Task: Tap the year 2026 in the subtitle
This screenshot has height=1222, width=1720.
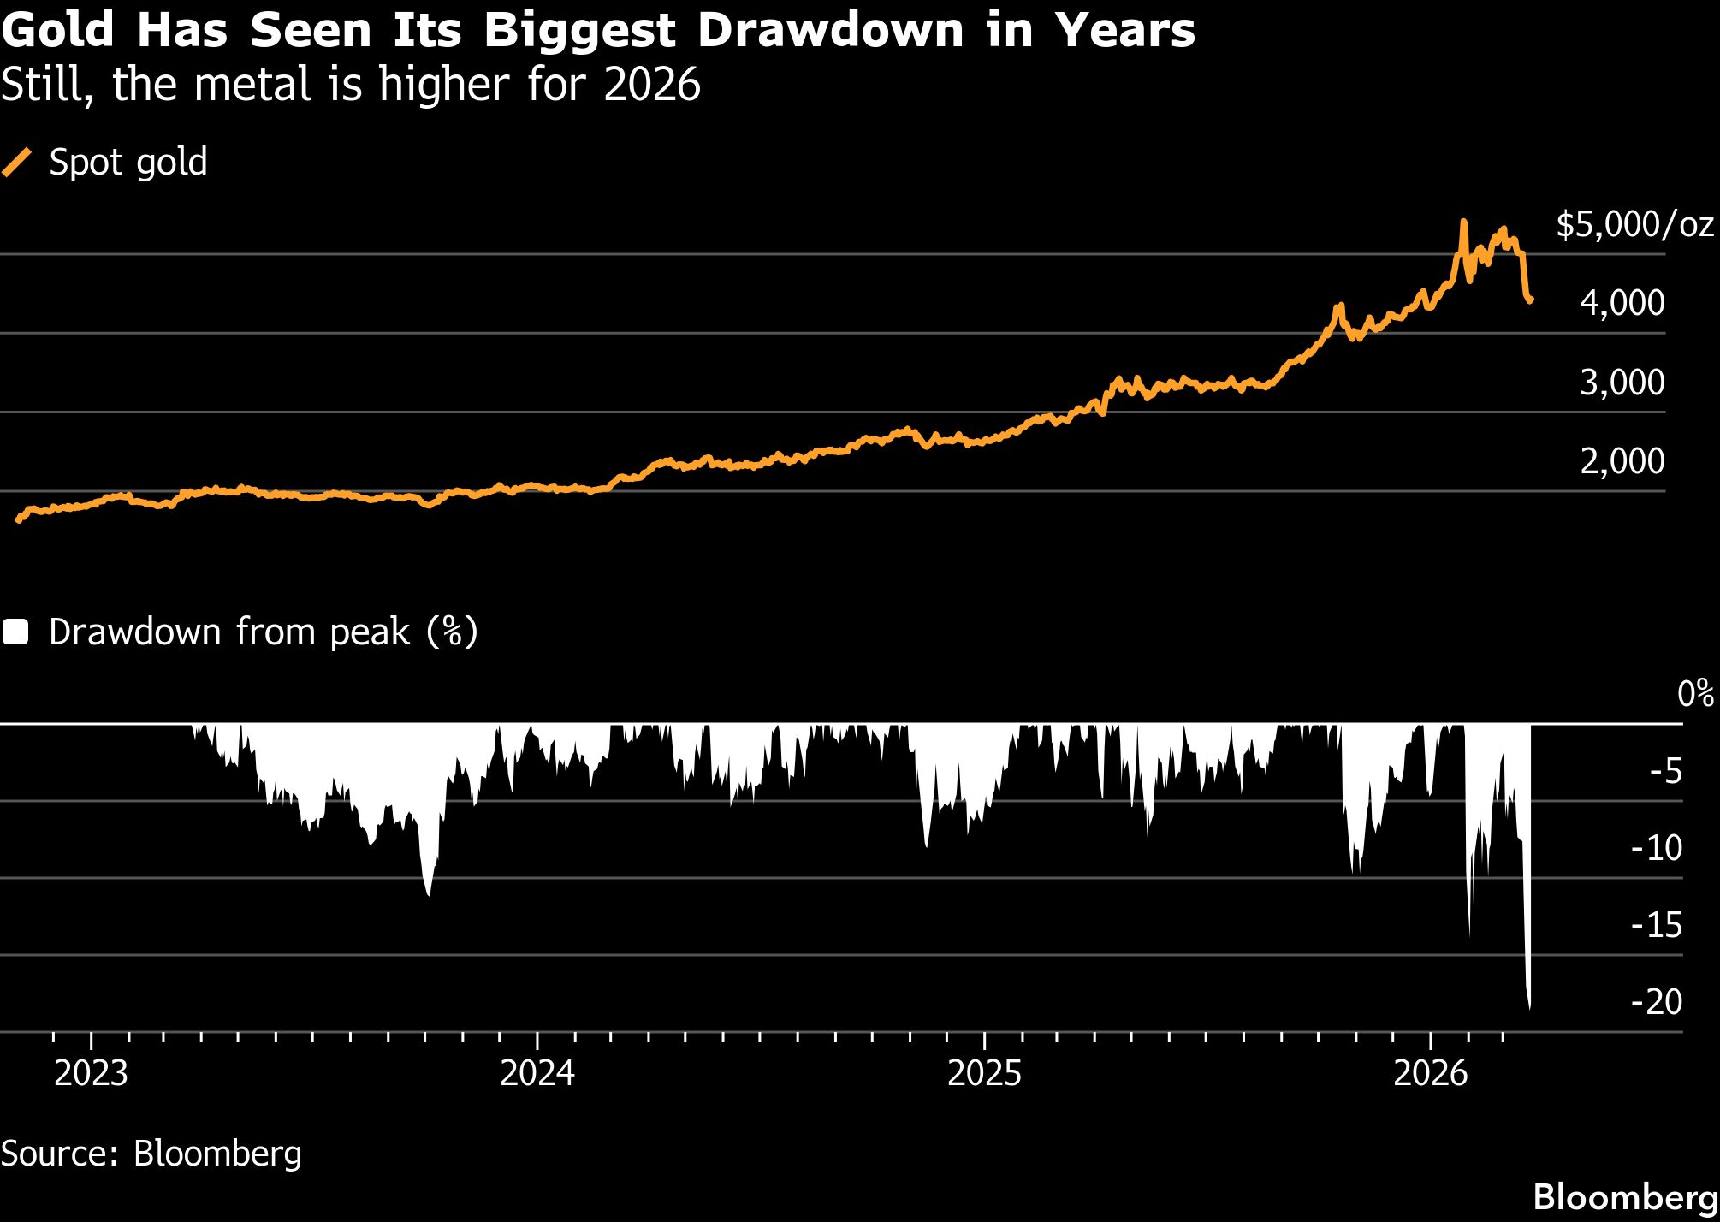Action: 652,85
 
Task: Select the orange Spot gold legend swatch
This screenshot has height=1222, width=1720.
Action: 17,162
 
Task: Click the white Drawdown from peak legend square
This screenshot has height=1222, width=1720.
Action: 16,632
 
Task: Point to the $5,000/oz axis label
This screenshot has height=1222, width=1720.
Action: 1634,224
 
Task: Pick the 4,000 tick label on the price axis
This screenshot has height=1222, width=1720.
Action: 1622,303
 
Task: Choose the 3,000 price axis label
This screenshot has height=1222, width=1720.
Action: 1622,383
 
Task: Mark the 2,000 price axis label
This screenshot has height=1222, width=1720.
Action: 1622,461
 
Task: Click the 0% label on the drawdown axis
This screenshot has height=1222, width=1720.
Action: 1695,693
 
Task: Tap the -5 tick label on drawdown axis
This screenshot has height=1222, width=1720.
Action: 1665,772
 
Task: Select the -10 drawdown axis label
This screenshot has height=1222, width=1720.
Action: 1657,848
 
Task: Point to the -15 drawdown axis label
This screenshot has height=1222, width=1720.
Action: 1657,925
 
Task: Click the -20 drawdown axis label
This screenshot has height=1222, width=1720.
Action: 1657,1002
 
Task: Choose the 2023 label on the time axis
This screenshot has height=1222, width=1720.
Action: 91,1073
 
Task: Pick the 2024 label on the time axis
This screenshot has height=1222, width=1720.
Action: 537,1073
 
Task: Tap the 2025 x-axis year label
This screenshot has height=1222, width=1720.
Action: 984,1073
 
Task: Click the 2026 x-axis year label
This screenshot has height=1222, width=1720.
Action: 1431,1073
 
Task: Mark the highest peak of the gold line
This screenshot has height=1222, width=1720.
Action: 1463,222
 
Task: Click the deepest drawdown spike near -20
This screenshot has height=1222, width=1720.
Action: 1529,1006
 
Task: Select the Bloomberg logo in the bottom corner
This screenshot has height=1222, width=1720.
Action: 1625,1197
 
